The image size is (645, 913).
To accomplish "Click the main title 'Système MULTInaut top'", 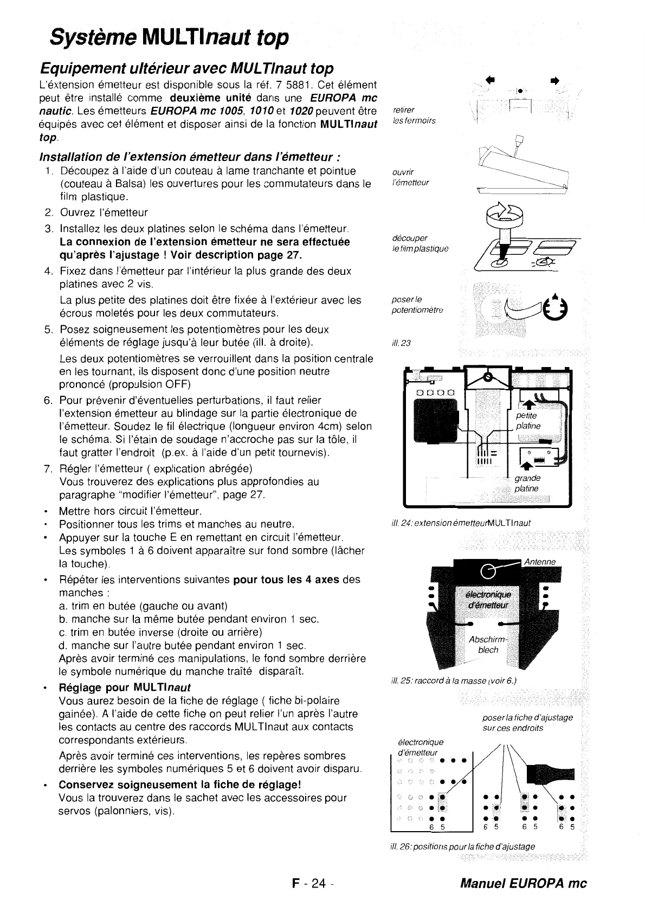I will click(169, 38).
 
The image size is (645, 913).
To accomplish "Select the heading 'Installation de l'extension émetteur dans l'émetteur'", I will click(190, 157).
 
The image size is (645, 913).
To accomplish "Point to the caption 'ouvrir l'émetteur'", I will click(410, 177).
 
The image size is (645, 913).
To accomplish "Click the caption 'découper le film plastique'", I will click(420, 243).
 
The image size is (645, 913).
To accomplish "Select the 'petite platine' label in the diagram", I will click(528, 421).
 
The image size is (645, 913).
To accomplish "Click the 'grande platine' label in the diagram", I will click(527, 484).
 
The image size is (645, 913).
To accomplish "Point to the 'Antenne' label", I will click(540, 562).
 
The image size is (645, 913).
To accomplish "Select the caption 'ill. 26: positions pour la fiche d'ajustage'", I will click(462, 846).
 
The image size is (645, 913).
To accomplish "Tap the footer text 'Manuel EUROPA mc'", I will click(523, 883).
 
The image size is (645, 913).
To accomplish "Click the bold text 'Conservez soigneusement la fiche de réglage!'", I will click(179, 785).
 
